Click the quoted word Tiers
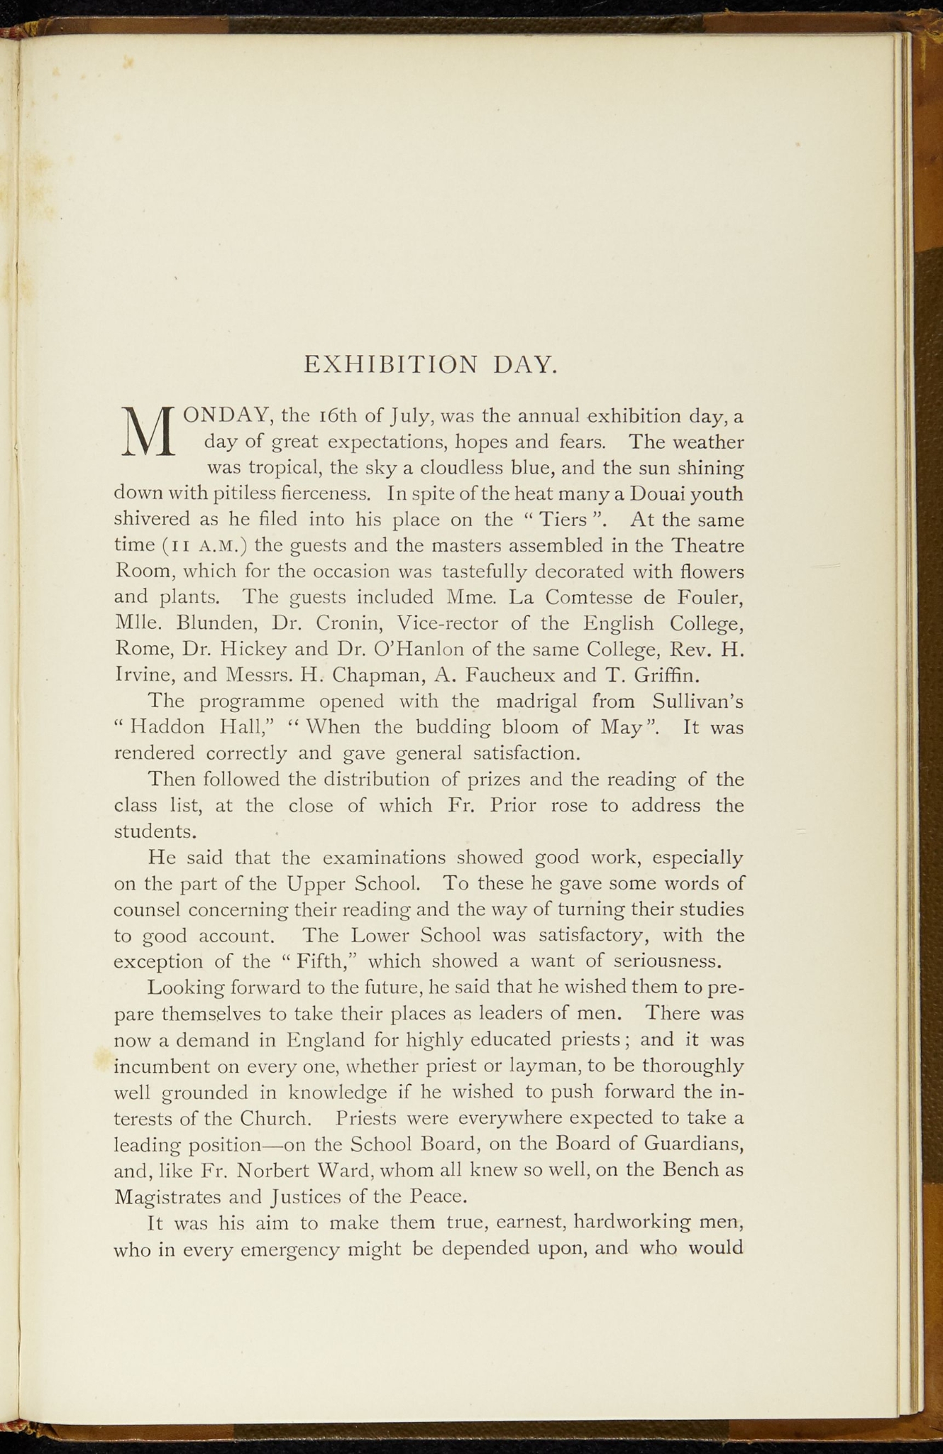562,520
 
